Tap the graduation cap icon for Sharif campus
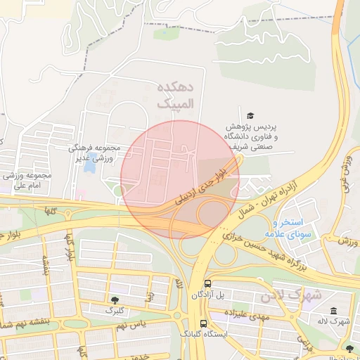(250, 115)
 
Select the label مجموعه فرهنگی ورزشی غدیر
(96, 153)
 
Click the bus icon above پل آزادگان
(207, 284)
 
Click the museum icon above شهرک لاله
(333, 311)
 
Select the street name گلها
(50, 209)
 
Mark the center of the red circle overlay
(180, 180)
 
